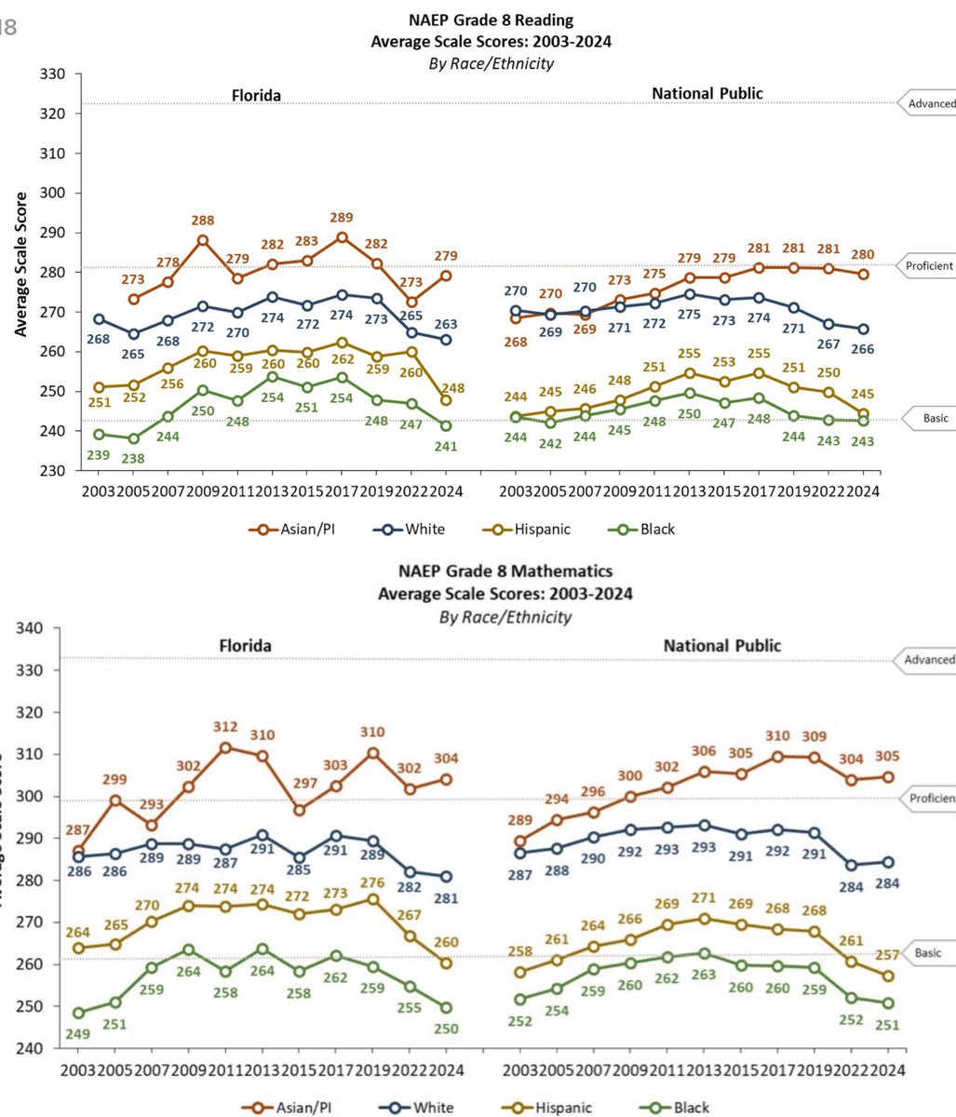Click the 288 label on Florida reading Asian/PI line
[x=203, y=222]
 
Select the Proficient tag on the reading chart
[x=928, y=265]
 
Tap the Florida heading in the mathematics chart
[x=245, y=645]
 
